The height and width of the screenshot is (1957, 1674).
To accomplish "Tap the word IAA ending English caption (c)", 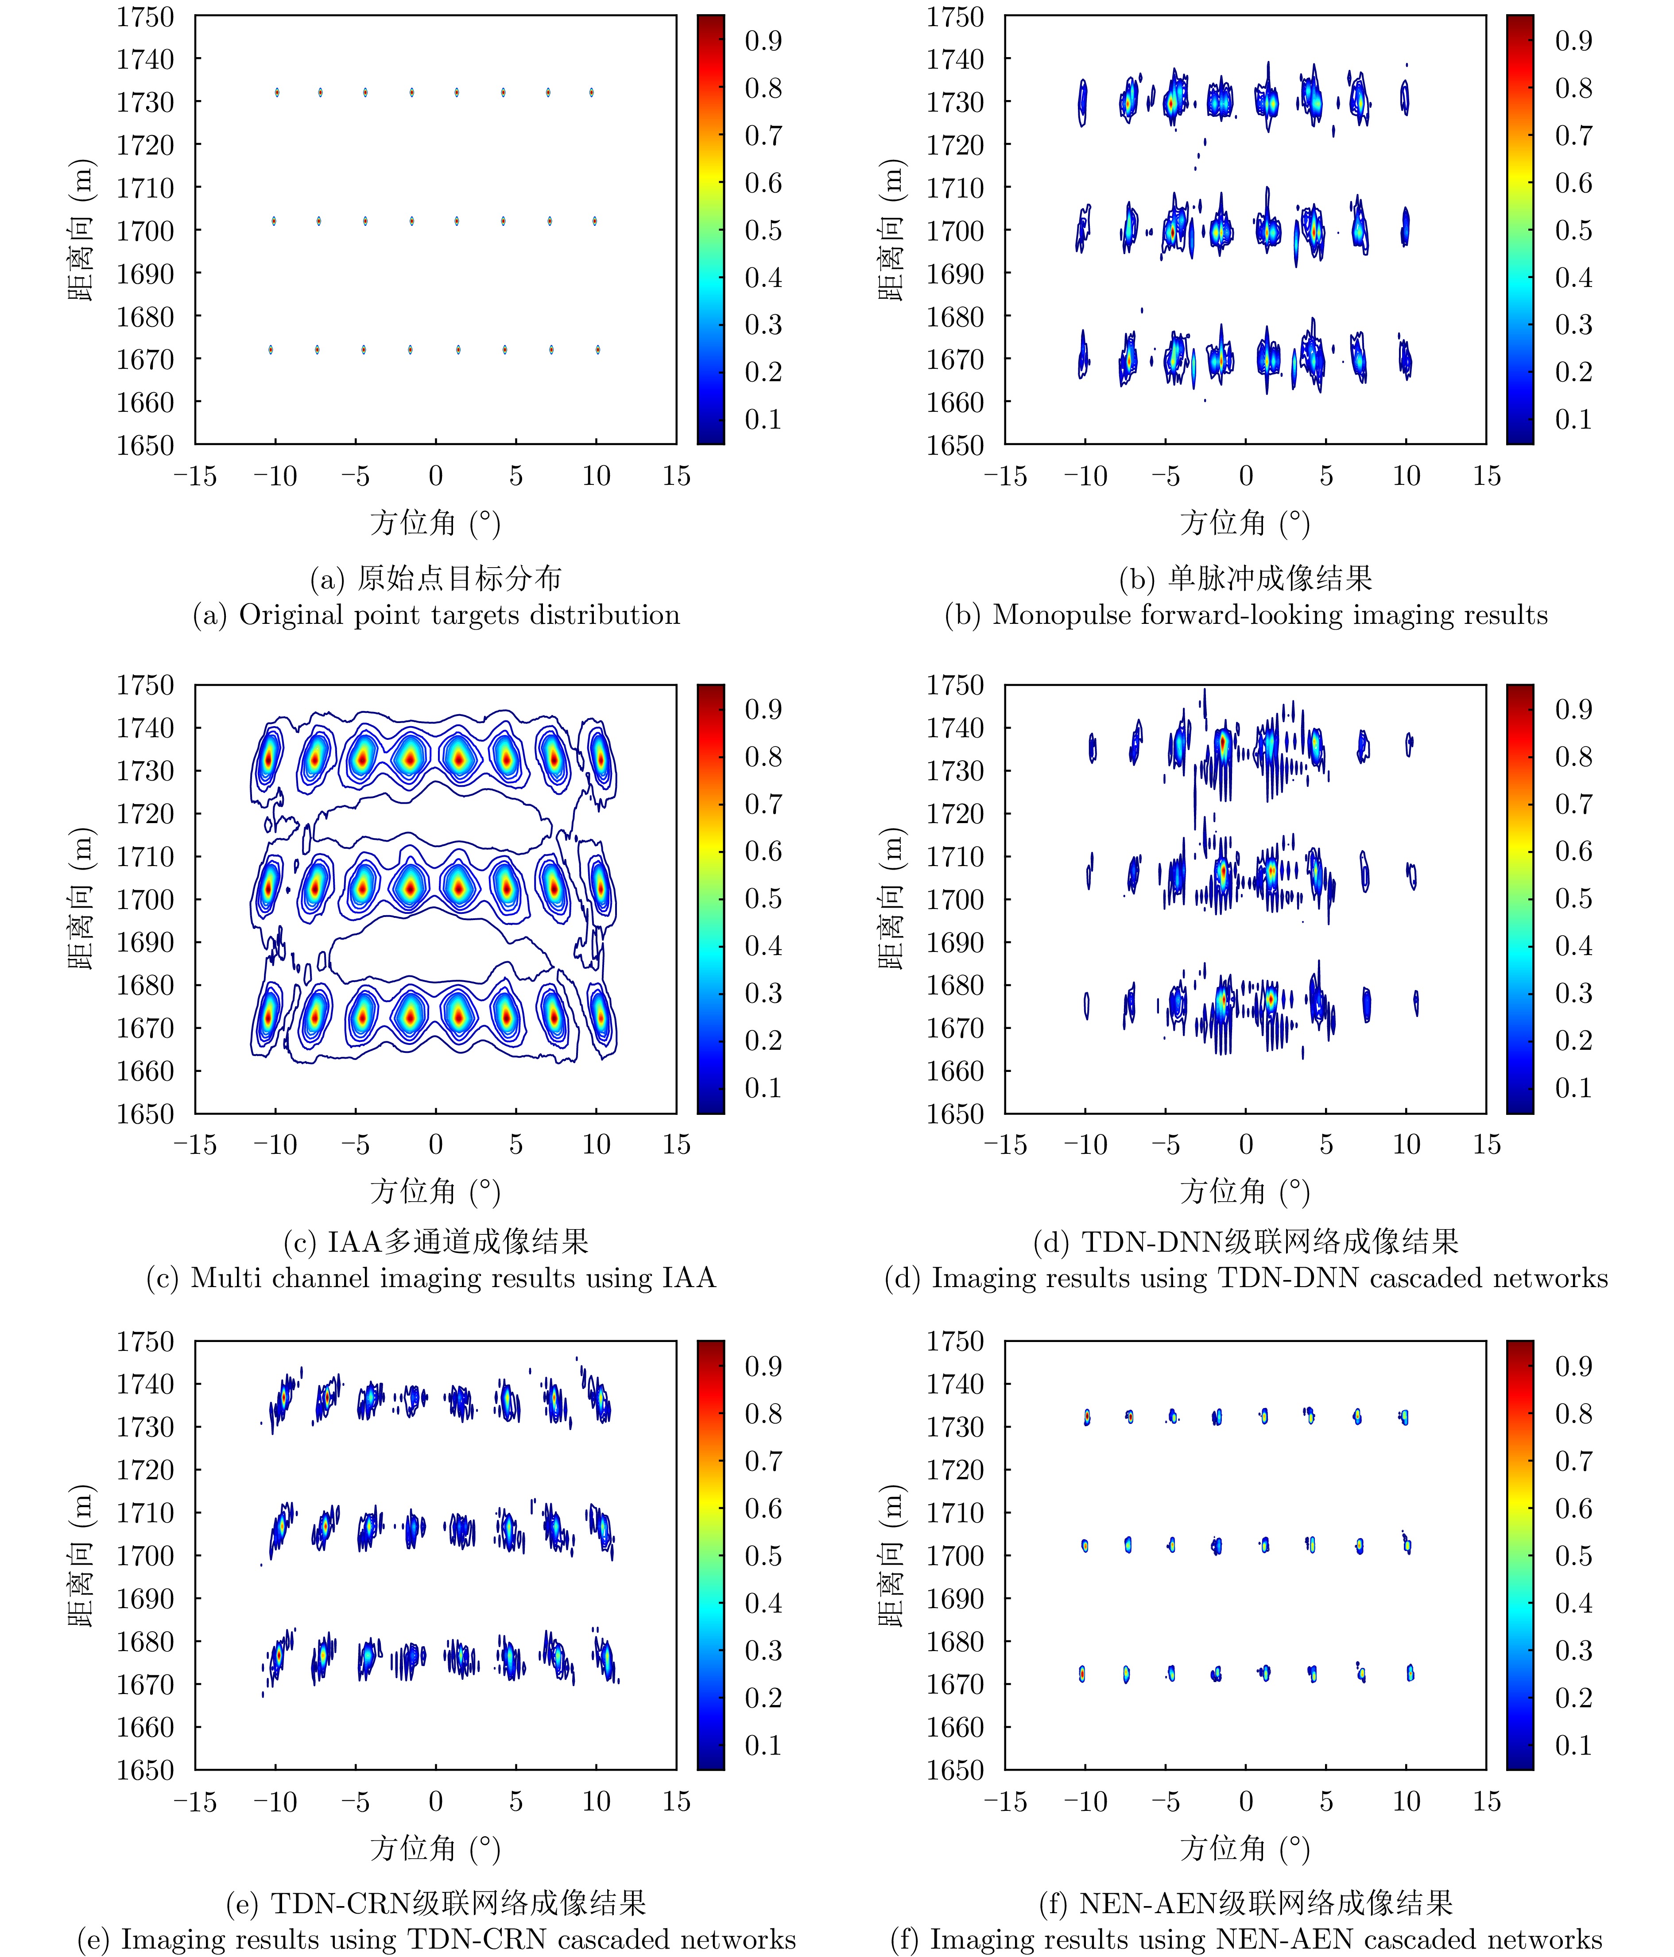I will click(689, 1278).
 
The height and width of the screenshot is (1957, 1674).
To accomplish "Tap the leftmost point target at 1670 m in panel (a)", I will click(270, 349).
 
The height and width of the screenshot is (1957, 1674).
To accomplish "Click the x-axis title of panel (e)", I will click(435, 1849).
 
